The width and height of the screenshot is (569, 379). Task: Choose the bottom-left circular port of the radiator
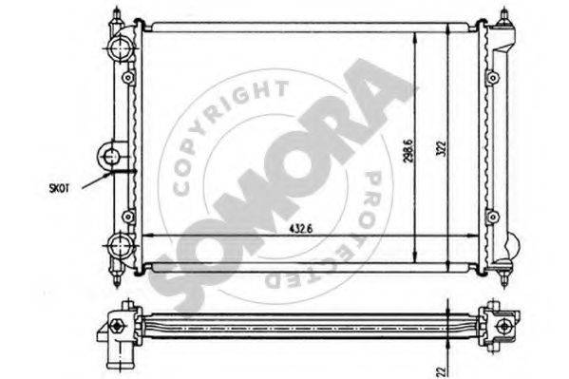123,246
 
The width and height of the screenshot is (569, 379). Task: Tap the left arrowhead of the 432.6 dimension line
145,237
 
